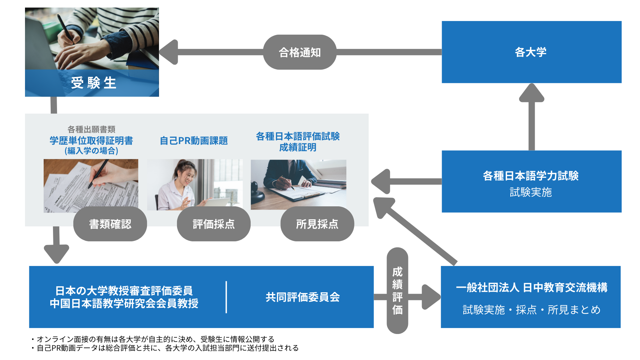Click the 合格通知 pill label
coord(300,52)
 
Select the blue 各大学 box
coord(531,52)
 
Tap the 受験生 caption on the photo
coord(93,83)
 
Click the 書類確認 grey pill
coord(110,224)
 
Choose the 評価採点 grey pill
coord(214,224)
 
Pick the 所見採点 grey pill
coord(317,224)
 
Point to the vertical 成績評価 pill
coord(397,291)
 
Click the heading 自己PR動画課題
coord(194,141)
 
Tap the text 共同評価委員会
coord(303,297)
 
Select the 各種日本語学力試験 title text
coord(531,176)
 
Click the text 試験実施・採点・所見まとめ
coord(531,310)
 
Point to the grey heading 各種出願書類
coord(91,129)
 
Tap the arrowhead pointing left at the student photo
coord(169,52)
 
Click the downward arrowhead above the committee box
coord(57,253)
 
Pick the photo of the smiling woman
coord(195,185)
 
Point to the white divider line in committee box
coord(226,297)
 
